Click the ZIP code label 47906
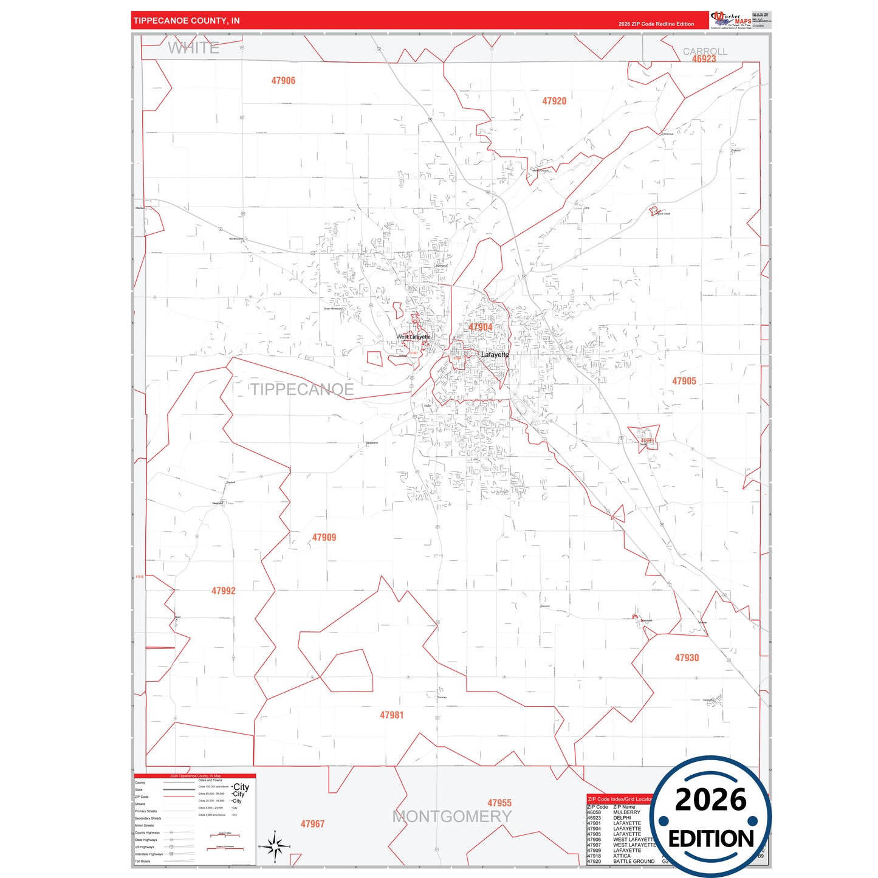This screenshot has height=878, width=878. click(283, 81)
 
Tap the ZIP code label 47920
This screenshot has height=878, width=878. click(554, 101)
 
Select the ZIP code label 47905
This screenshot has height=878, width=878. click(684, 382)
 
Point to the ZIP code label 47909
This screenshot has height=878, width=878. click(324, 538)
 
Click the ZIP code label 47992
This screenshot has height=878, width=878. click(223, 591)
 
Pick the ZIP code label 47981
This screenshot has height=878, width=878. click(391, 716)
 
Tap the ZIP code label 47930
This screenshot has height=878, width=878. click(687, 658)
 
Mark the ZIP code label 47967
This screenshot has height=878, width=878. click(312, 825)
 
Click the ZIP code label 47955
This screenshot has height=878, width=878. click(499, 803)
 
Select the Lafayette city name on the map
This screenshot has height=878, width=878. click(495, 355)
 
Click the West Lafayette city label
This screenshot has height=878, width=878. click(414, 337)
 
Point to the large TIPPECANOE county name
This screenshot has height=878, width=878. click(303, 389)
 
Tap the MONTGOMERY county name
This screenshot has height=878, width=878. click(452, 817)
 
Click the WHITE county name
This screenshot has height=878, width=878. click(193, 48)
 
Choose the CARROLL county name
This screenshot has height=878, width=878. click(705, 52)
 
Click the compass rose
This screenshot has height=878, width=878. click(275, 846)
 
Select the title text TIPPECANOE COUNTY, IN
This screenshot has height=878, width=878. click(187, 21)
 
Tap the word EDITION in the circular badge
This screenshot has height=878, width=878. click(710, 839)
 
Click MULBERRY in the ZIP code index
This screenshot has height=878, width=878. click(626, 812)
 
